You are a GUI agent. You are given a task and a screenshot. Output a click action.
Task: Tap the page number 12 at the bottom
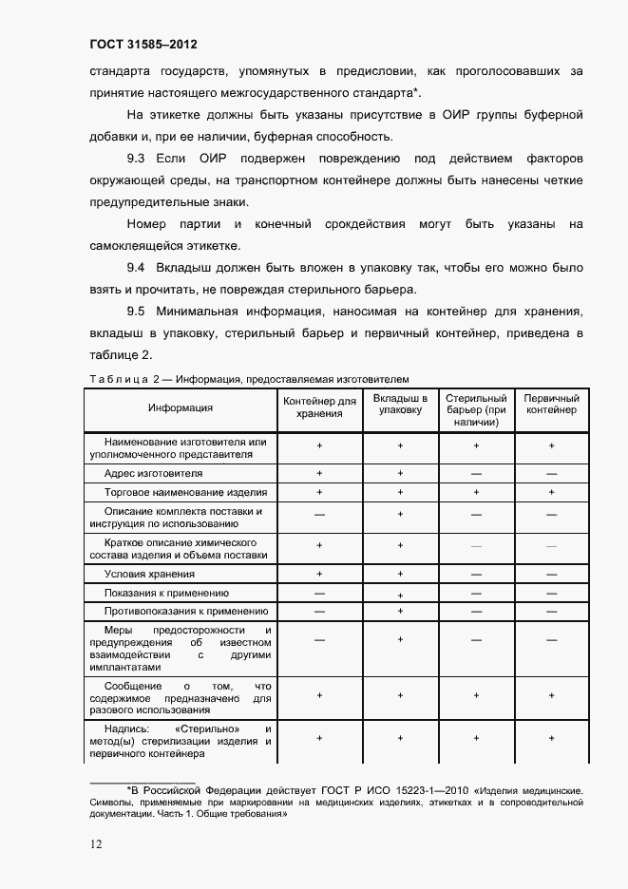coord(97,843)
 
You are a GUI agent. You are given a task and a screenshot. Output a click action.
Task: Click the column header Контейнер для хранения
coord(319,407)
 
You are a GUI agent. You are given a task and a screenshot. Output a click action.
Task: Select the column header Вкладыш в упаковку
coord(400,404)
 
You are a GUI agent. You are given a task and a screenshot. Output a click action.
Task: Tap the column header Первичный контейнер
coord(551,404)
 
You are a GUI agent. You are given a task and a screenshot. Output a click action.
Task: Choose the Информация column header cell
coord(181,407)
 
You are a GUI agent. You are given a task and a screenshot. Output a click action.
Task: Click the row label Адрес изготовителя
coord(154,473)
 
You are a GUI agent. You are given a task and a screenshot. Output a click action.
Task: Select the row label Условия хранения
coord(150,574)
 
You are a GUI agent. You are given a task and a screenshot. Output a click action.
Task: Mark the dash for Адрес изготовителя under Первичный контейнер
coord(551,473)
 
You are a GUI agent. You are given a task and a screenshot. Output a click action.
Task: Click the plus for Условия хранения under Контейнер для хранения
coord(319,574)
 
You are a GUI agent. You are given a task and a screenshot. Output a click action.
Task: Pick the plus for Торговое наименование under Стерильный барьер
coord(476,492)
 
